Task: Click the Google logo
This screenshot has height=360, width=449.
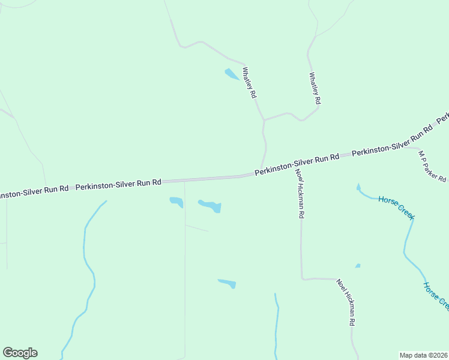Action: tap(20, 353)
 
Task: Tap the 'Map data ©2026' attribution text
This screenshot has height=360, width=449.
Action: tap(423, 355)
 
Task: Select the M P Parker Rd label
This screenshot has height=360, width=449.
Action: tap(432, 166)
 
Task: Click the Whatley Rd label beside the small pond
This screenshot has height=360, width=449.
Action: tap(249, 82)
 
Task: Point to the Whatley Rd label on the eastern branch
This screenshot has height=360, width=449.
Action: tap(315, 88)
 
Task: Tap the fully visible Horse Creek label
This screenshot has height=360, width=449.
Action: tap(397, 207)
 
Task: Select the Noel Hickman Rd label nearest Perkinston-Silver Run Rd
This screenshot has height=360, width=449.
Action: tap(300, 193)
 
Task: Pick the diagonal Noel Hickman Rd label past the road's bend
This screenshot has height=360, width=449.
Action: tap(346, 302)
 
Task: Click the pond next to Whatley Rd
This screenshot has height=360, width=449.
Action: tap(232, 74)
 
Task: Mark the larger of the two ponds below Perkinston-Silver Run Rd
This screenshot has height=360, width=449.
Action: tap(210, 206)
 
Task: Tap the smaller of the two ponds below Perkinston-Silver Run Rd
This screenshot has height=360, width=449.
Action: tap(176, 202)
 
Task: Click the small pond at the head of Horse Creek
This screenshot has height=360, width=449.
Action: tap(358, 188)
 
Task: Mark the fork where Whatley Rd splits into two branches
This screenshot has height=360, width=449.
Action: tap(264, 120)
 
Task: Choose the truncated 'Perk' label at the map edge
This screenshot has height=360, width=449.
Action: tap(443, 118)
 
